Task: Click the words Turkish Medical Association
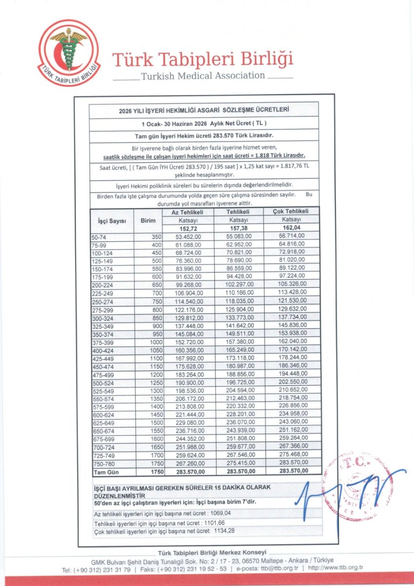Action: pos(203,76)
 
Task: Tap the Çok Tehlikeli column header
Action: pos(292,212)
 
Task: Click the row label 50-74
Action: pos(99,236)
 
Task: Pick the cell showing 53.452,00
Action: pos(188,236)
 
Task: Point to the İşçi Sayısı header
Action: pos(109,221)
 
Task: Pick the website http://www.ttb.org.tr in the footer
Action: pos(337,569)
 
